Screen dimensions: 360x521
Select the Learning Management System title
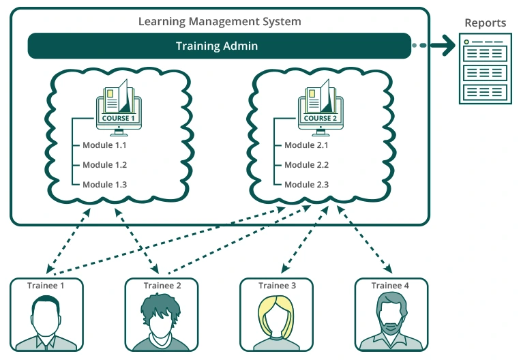219,21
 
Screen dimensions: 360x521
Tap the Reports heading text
485,22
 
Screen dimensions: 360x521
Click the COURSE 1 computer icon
119,106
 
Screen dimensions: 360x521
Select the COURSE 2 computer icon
321,106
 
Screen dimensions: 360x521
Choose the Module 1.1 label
104,145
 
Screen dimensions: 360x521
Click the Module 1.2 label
104,165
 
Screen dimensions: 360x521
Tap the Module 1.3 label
104,185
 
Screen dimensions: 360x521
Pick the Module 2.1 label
306,145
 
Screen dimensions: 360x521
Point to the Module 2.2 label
306,165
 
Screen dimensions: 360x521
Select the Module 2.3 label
306,185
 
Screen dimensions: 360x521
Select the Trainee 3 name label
277,286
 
